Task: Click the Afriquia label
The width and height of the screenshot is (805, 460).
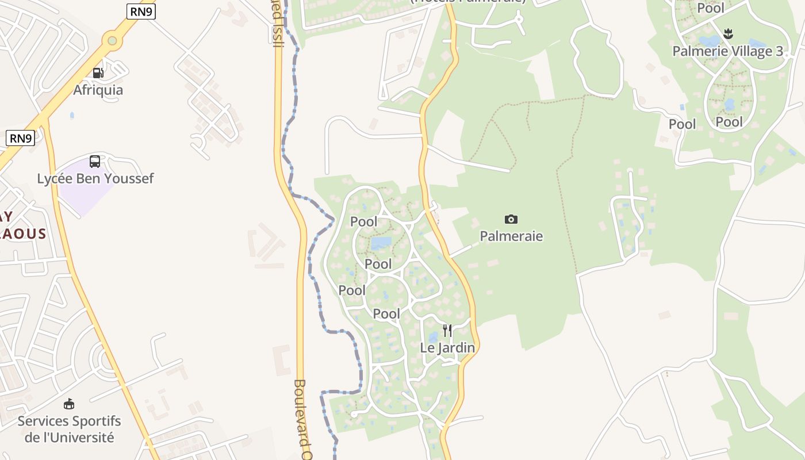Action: (98, 90)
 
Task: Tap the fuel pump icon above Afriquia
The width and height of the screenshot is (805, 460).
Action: (98, 73)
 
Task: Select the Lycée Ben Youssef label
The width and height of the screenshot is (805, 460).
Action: (95, 179)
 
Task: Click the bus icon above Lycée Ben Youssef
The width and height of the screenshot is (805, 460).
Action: (95, 162)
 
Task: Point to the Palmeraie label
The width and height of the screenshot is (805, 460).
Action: (511, 236)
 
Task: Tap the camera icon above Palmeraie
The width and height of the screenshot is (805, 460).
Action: (511, 219)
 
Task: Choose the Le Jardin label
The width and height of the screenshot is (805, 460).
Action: (447, 348)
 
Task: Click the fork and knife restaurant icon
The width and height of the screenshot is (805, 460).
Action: (447, 331)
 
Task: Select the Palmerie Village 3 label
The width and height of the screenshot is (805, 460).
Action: (727, 52)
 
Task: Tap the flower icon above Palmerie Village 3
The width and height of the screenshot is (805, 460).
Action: (728, 34)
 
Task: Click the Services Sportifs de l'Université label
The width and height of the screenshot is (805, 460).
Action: (69, 429)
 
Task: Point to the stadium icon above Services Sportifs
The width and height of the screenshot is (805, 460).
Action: (69, 404)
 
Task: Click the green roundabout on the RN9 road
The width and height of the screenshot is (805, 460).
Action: (112, 40)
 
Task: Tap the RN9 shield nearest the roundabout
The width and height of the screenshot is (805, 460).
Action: (141, 10)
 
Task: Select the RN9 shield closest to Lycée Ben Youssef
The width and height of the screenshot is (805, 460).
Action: (21, 138)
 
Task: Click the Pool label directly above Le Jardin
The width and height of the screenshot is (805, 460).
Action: (386, 314)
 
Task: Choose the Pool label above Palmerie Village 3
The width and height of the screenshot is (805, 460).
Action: (711, 8)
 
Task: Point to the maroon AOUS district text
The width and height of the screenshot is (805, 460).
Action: (23, 233)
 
